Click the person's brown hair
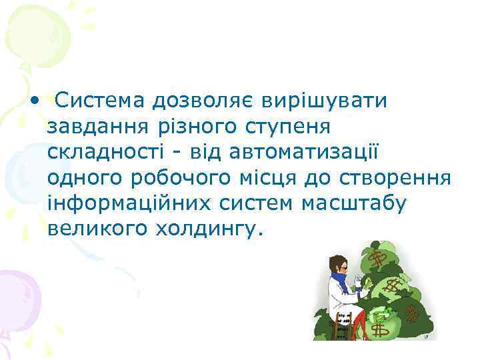[339, 261]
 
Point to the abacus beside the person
[343, 323]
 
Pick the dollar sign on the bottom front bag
[381, 329]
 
